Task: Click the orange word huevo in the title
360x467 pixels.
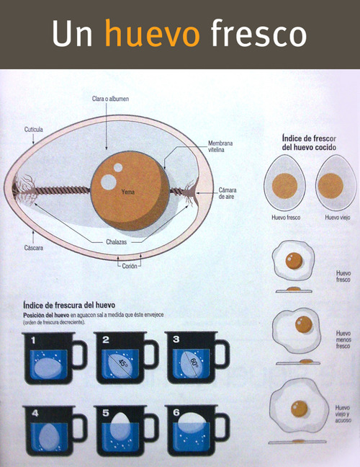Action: [x=153, y=32]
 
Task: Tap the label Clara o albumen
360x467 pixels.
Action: [x=110, y=99]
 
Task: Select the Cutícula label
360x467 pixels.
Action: [x=34, y=129]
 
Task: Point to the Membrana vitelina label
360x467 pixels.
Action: [x=220, y=146]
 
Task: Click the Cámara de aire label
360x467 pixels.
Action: [x=228, y=193]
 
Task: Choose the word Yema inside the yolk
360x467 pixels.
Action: [x=128, y=192]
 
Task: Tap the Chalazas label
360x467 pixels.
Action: [x=117, y=242]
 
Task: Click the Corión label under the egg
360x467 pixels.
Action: [x=130, y=266]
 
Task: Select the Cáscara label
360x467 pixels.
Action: [x=33, y=247]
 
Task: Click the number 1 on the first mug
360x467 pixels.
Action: [x=33, y=340]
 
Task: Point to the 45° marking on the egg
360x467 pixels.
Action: [x=122, y=363]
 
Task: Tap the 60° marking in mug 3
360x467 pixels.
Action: [x=194, y=363]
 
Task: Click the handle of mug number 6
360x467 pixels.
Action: [x=225, y=427]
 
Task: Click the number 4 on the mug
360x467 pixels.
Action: [x=35, y=414]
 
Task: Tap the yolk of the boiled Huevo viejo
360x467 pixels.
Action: [x=330, y=185]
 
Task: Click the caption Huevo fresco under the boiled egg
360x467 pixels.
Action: [x=286, y=218]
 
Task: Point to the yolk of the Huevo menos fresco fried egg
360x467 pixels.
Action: [x=303, y=324]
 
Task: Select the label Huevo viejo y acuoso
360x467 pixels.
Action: [x=343, y=414]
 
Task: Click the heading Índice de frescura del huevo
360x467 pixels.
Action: [x=69, y=305]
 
